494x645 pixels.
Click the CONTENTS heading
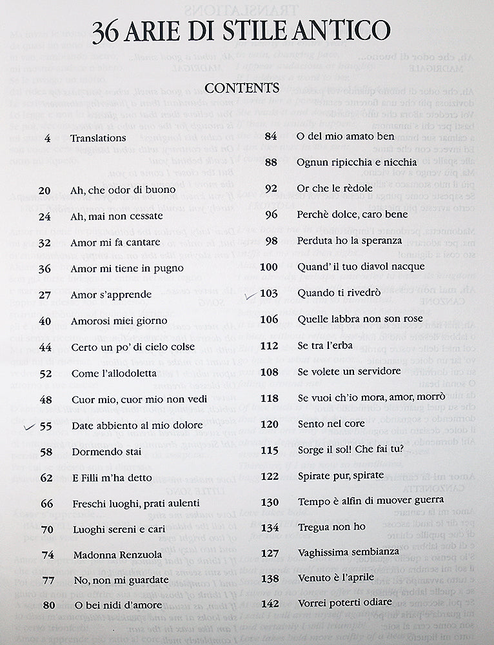(242, 87)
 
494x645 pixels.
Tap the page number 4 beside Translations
(48, 138)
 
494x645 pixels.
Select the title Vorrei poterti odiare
(344, 602)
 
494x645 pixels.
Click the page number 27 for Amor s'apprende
(44, 295)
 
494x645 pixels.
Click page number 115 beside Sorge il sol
(269, 449)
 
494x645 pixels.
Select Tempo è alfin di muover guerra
(371, 501)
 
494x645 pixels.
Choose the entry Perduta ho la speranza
(350, 241)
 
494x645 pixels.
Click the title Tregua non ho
(331, 527)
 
